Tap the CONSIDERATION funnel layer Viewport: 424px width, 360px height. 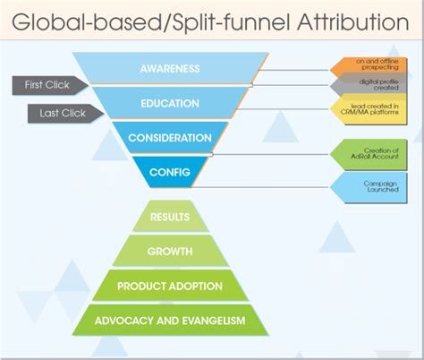[x=169, y=138]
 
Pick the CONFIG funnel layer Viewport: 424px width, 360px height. [x=169, y=171]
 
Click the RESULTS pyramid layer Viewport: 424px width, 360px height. [x=169, y=218]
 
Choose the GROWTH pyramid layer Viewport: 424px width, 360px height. [x=169, y=253]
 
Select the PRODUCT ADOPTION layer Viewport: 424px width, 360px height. [x=169, y=287]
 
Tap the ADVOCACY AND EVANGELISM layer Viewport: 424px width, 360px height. [x=169, y=321]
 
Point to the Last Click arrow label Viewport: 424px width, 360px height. [x=59, y=114]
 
